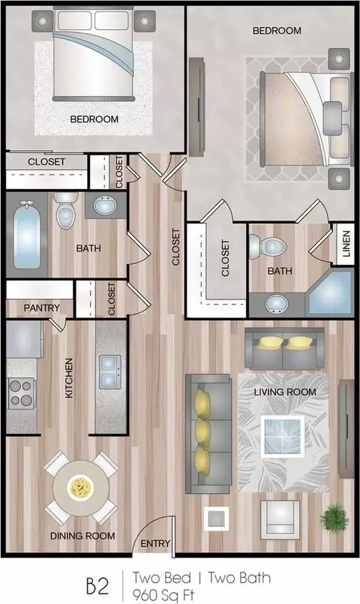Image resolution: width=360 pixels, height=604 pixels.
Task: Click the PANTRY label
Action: click(x=41, y=308)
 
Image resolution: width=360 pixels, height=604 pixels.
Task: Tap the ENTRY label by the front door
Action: click(x=155, y=543)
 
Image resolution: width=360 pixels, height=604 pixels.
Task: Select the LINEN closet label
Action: click(x=346, y=244)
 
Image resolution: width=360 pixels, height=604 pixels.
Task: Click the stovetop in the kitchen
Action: click(x=21, y=394)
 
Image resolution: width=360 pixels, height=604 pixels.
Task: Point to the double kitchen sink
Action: click(x=109, y=371)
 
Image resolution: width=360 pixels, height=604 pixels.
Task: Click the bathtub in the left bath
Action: click(x=26, y=235)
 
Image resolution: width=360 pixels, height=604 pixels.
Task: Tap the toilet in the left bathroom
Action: click(x=65, y=210)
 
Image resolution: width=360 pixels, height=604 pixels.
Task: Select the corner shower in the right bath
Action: click(x=331, y=293)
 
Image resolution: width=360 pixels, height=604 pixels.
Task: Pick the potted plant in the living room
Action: click(x=334, y=518)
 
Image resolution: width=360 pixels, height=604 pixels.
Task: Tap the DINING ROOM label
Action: click(x=82, y=536)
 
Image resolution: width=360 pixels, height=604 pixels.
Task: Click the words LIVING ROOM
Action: click(x=285, y=392)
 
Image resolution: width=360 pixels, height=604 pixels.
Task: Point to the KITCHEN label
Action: click(x=69, y=378)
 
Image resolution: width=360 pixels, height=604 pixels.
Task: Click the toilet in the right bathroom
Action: click(x=268, y=247)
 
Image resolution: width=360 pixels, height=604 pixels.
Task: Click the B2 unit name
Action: click(x=97, y=586)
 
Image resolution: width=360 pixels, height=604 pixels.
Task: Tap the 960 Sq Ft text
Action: click(x=163, y=596)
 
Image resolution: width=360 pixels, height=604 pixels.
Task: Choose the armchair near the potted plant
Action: click(x=280, y=520)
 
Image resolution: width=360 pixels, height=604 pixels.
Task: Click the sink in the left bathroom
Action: click(x=105, y=206)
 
